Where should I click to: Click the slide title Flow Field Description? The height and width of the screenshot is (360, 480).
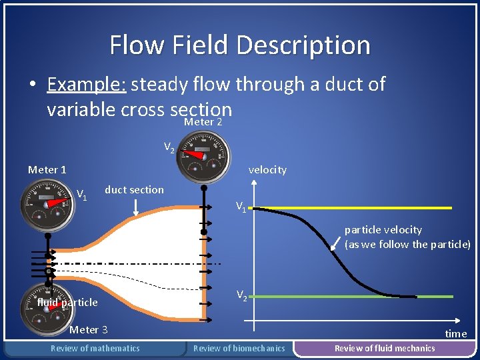coord(240,45)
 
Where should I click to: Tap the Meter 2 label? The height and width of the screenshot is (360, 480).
coord(203,122)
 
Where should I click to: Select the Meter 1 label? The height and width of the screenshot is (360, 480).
coord(47,169)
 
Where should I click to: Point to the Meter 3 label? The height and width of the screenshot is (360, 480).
coord(89,329)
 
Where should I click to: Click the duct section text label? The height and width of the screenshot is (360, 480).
coord(134,189)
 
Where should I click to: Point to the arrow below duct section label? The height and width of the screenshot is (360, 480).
coord(135,207)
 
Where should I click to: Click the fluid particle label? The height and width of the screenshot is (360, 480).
coord(67,302)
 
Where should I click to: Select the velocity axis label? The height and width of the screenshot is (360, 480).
coord(267,169)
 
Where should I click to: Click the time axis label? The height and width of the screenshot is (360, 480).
coord(456,333)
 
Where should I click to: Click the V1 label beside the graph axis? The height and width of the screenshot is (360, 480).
coord(241,207)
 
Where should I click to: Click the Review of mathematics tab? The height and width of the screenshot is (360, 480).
coord(95,348)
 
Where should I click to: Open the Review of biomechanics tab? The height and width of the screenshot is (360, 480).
coord(239,348)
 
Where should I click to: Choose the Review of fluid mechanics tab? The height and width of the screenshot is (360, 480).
coord(385,348)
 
